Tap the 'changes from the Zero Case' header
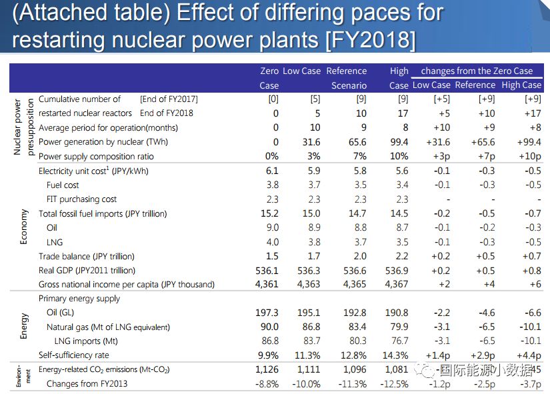tap(477, 71)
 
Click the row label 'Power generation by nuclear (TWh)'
tap(100, 142)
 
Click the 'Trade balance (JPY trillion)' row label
tap(86, 256)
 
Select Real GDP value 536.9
tap(397, 271)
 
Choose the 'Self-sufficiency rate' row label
tap(73, 355)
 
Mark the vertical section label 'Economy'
tap(24, 227)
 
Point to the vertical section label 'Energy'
tap(24, 327)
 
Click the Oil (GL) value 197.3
tap(267, 313)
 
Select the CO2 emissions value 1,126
tap(267, 370)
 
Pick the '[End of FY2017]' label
tap(169, 99)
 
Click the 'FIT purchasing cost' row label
tap(81, 199)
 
